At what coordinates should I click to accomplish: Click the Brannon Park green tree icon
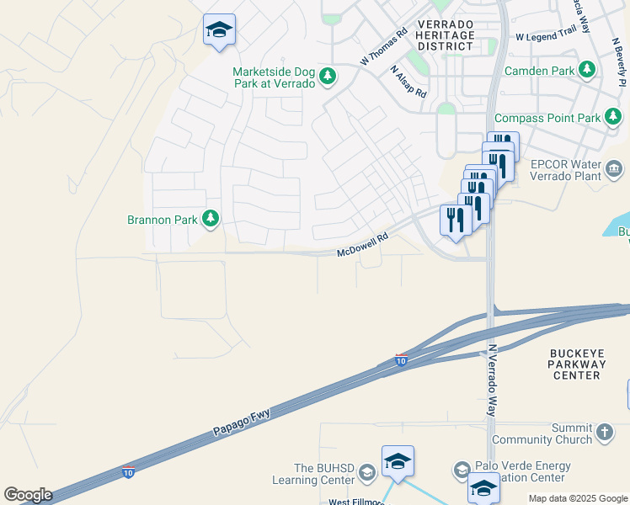point(210,220)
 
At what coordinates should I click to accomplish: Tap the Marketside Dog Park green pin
point(328,77)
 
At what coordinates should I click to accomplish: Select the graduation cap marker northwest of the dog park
point(219,30)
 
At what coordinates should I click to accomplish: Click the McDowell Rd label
point(362,246)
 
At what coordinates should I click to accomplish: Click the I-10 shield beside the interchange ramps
point(400,360)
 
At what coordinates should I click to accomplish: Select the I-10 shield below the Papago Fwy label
point(128,472)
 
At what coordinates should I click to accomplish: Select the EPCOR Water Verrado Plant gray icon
point(614,171)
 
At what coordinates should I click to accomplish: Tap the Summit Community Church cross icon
point(603,433)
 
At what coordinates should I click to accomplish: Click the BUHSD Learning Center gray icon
point(366,473)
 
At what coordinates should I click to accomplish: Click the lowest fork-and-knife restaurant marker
point(455,220)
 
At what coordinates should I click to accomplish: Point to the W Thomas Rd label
point(383,46)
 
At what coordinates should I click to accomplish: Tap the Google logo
point(28,495)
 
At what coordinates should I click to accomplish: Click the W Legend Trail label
point(544,37)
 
